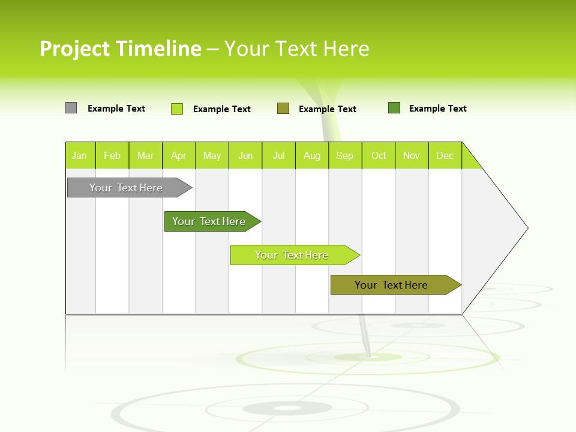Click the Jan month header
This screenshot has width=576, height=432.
coord(79,155)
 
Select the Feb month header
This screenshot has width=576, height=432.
coord(112,155)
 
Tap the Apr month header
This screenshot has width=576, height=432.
coord(179,155)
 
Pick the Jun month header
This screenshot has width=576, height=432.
coord(245,155)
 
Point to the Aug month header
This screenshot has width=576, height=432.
coord(312,155)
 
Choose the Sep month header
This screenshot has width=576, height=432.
coord(345,155)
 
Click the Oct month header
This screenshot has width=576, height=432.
coord(379,155)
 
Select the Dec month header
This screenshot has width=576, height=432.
coord(445,155)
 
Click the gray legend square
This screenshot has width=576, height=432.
coord(71,108)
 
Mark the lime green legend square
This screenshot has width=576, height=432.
coord(177,109)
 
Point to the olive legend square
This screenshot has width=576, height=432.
coord(283,108)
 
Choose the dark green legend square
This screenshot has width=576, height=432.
coord(394,108)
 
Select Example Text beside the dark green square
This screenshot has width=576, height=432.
coord(437,109)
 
